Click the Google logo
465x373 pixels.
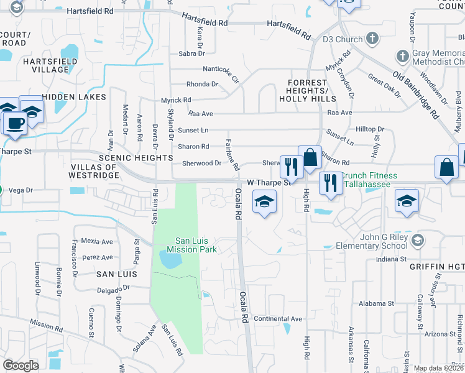click(21, 365)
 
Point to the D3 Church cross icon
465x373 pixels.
click(372, 39)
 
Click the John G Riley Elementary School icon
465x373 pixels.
click(418, 239)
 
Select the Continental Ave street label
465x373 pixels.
click(278, 319)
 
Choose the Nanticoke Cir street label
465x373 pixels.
click(221, 70)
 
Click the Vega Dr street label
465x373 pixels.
click(20, 190)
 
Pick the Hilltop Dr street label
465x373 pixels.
click(370, 129)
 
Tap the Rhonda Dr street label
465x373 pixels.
click(202, 84)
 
